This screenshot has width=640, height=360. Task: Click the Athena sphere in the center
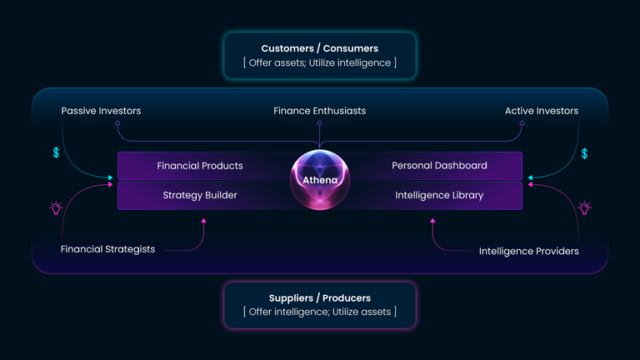point(320,180)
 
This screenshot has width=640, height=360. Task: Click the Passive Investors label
point(101,111)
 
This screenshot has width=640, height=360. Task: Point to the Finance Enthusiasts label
point(320,111)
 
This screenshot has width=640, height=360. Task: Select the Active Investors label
point(542,111)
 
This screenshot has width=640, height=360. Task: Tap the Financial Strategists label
point(107,249)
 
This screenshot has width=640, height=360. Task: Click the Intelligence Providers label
point(528,251)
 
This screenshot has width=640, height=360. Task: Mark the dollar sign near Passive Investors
point(56,152)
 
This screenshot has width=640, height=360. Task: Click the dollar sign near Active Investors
point(584,153)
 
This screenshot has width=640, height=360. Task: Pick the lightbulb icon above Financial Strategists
point(56,208)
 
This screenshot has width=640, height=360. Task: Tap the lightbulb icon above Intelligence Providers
point(584,208)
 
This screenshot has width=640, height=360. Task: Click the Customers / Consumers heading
point(320,48)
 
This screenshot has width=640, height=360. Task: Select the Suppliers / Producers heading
point(320,298)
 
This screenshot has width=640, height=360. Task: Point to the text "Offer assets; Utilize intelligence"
point(320,62)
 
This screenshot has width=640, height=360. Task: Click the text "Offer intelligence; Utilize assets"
point(320,312)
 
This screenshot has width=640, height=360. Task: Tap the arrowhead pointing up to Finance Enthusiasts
point(320,122)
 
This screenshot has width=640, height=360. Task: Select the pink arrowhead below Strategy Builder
point(203,221)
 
